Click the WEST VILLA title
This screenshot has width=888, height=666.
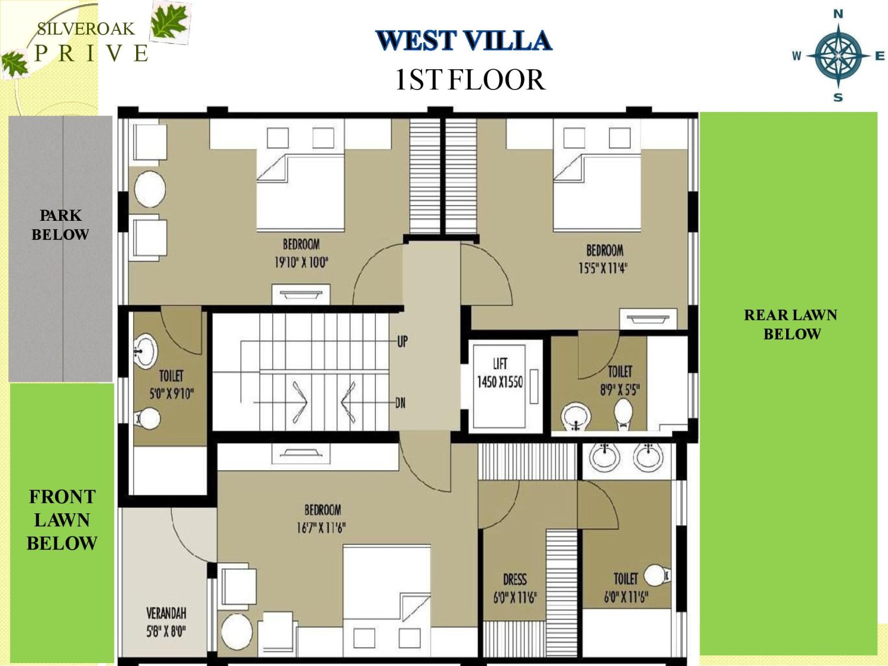pyautogui.click(x=464, y=41)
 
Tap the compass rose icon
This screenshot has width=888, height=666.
pyautogui.click(x=838, y=56)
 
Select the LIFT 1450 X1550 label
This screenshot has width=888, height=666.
pyautogui.click(x=500, y=373)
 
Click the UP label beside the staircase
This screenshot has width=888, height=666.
pyautogui.click(x=402, y=342)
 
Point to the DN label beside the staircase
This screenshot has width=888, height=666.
pyautogui.click(x=400, y=403)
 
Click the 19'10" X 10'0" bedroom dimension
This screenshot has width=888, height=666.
pyautogui.click(x=301, y=262)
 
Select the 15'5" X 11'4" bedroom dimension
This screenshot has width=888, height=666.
pyautogui.click(x=603, y=268)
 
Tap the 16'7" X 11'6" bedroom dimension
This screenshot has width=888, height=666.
pyautogui.click(x=321, y=527)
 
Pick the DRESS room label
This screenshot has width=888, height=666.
pyautogui.click(x=514, y=579)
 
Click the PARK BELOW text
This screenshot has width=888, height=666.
pyautogui.click(x=60, y=225)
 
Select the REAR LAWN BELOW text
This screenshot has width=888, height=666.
pyautogui.click(x=791, y=324)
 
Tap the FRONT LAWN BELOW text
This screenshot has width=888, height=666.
pyautogui.click(x=62, y=520)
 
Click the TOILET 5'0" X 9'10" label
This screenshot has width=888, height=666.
pyautogui.click(x=171, y=385)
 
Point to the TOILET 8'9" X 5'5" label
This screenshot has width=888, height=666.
pyautogui.click(x=620, y=380)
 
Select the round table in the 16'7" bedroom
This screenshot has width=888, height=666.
pyautogui.click(x=237, y=631)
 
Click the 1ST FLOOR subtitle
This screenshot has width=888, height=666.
pyautogui.click(x=469, y=80)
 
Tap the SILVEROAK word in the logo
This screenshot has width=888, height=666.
pyautogui.click(x=85, y=28)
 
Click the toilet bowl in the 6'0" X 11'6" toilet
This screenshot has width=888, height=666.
pyautogui.click(x=656, y=575)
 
